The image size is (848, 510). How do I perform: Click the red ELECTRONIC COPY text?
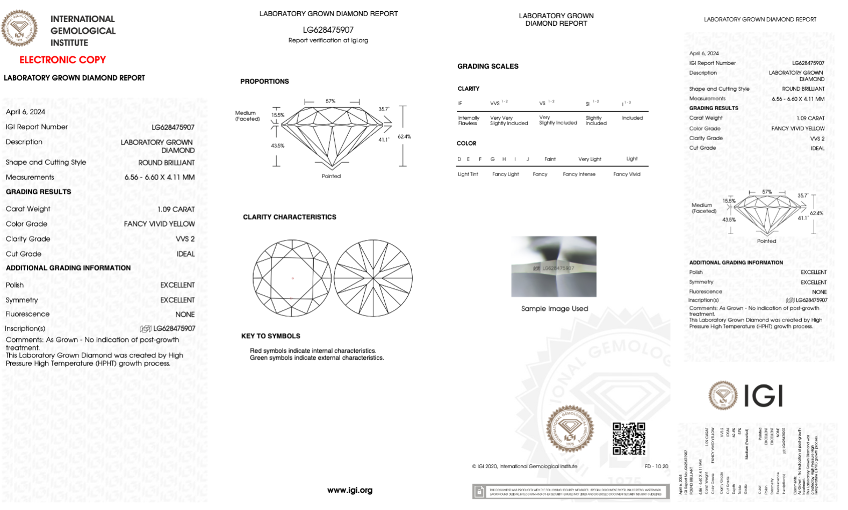coord(62,60)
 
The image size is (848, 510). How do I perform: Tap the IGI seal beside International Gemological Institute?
coord(20,28)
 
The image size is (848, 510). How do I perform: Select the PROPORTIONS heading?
coord(264,82)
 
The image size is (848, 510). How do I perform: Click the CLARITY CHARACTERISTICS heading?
coord(289,217)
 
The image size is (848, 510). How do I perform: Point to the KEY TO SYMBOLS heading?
coord(270,336)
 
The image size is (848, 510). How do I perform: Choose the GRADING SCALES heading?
coord(487,67)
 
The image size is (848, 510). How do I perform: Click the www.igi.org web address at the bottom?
coord(349,490)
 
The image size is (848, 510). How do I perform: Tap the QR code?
coord(629,438)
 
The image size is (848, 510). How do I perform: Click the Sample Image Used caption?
coord(554,309)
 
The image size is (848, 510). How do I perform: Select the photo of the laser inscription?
coord(554,266)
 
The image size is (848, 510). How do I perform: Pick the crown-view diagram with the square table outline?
coord(292,278)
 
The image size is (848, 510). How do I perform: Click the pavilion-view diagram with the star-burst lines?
coord(373,278)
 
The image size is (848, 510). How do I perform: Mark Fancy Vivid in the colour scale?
coord(627,174)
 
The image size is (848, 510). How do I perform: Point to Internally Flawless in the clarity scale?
coord(468,121)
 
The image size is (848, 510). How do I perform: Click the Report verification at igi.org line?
coord(328,40)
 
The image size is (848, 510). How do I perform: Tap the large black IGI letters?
coord(763,396)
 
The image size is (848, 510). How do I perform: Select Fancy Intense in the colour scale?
coord(579,174)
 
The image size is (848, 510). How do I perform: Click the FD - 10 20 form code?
coord(656,467)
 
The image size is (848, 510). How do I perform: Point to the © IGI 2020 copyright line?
coord(524,467)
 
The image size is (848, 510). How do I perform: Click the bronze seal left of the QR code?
coord(570,428)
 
